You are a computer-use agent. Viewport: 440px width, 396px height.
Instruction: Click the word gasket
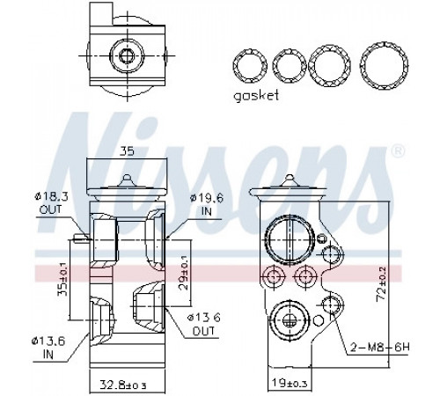tap(256, 96)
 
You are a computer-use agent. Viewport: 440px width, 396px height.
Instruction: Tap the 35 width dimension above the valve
tap(127, 151)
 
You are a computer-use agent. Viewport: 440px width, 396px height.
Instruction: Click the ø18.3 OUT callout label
tap(50, 202)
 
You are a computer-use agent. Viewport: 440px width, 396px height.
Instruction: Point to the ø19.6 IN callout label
tap(207, 205)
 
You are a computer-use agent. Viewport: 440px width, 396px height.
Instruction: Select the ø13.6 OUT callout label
tap(204, 324)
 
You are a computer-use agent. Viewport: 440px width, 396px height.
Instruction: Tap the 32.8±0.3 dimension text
tap(122, 385)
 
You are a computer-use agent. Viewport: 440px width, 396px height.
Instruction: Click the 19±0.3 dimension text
tap(289, 383)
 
